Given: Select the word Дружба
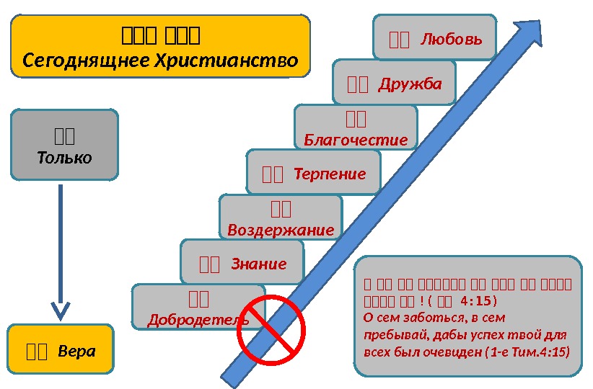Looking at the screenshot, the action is (x=410, y=84).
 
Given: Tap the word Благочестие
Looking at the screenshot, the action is (x=356, y=140).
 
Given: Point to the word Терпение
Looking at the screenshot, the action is (x=330, y=174).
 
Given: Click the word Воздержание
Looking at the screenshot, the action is (x=281, y=231).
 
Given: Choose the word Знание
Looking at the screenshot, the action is (x=258, y=264).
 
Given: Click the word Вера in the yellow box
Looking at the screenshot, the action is (x=76, y=352).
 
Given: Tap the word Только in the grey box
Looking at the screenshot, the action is (x=64, y=158).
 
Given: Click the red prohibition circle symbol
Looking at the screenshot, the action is (x=271, y=328).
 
